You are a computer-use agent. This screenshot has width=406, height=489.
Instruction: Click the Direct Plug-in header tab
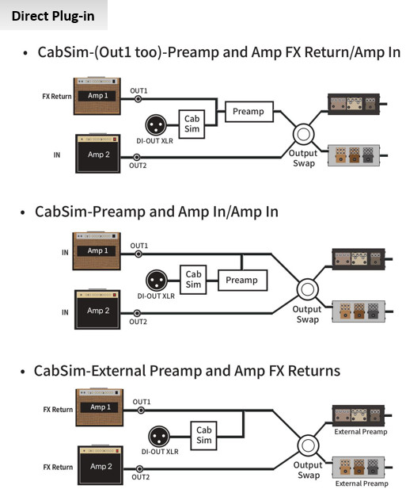53,15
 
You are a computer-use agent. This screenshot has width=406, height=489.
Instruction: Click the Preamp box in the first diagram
248,112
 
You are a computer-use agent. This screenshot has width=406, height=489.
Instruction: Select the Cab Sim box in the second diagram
194,279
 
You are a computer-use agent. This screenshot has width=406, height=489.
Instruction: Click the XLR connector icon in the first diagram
156,125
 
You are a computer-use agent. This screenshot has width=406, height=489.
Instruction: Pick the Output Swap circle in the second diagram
305,288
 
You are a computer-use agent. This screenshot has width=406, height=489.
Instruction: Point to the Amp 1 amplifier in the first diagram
97,95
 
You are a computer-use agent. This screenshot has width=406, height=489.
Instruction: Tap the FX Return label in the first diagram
56,96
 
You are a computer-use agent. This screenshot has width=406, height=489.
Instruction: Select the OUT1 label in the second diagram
138,246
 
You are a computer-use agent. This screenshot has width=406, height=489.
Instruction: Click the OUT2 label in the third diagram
140,477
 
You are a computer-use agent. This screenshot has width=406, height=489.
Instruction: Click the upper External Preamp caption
361,432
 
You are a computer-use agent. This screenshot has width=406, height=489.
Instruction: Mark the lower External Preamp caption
361,483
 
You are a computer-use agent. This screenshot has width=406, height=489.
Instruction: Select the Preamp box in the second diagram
241,280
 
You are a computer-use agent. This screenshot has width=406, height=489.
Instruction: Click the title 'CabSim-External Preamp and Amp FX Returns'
187,371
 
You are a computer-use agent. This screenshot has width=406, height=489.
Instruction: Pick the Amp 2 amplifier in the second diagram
99,311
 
